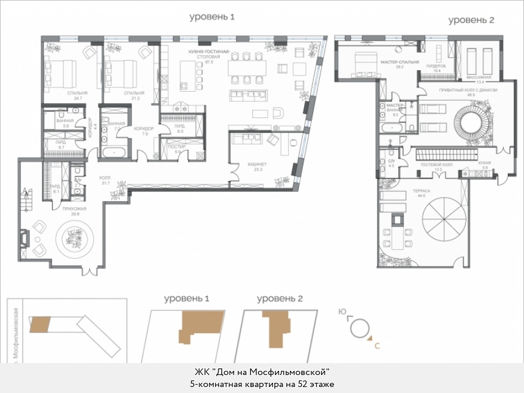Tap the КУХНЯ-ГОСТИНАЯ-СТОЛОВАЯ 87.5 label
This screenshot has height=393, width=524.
tap(209, 58)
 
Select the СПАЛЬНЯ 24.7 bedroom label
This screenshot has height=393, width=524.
tap(78, 96)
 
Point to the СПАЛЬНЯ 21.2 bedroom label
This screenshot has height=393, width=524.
tap(134, 96)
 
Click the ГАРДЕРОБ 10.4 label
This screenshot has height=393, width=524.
tap(437, 68)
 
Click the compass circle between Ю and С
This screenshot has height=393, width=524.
tap(359, 327)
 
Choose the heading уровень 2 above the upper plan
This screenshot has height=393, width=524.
tap(471, 20)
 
